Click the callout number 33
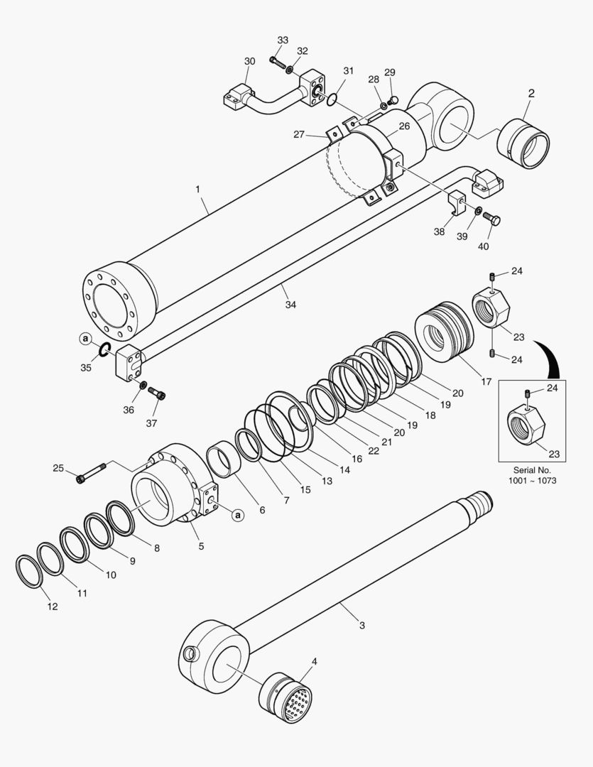coord(283,40)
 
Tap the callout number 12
coord(53,606)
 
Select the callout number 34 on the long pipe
coord(290,304)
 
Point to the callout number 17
coord(486,381)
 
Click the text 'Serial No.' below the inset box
coord(532,470)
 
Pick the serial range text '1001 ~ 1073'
coord(532,481)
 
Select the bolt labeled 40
coord(491,219)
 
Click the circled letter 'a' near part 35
coord(86,340)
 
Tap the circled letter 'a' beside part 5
coord(238,515)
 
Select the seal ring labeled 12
coord(28,570)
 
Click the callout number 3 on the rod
coord(361,626)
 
